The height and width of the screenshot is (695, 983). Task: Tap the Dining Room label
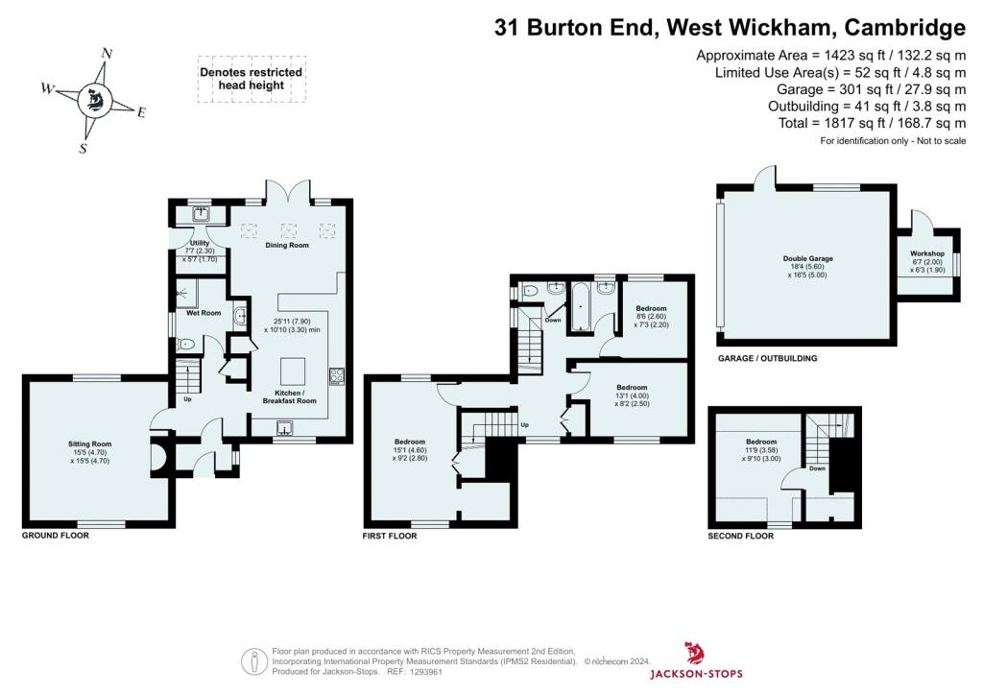tap(286, 246)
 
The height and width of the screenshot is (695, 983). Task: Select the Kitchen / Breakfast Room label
tap(289, 396)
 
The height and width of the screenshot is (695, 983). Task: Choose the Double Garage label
tap(807, 259)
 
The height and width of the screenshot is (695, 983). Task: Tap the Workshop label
tap(926, 253)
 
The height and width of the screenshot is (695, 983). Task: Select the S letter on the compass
tap(83, 149)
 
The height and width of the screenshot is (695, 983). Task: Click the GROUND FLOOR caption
tap(55, 536)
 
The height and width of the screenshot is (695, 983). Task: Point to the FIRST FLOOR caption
tap(390, 536)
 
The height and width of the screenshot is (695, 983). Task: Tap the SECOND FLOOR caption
tap(740, 536)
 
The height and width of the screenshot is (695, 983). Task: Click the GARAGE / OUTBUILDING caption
tap(767, 358)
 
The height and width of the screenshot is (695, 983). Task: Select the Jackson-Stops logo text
tap(696, 674)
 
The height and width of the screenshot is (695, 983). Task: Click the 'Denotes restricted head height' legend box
tap(250, 79)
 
